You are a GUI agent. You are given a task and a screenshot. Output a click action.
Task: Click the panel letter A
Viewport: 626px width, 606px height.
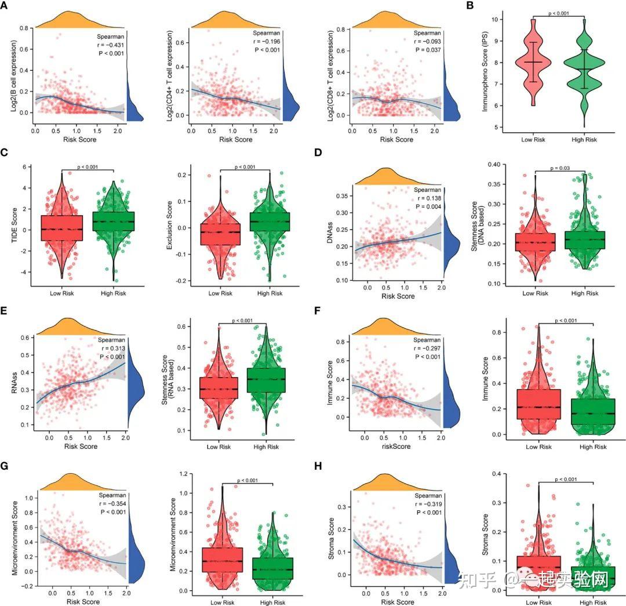6,6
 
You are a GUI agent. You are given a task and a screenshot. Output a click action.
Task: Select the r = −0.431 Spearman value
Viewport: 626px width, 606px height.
111,45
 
